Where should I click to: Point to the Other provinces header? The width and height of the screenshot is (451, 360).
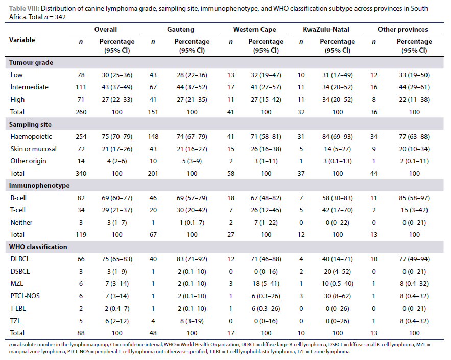(403, 30)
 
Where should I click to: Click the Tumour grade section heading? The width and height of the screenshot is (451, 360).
(31, 63)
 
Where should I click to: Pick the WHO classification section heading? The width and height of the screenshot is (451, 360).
(38, 247)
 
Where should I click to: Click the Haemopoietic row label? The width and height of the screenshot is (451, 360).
(31, 137)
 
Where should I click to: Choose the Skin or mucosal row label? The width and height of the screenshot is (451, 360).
(33, 149)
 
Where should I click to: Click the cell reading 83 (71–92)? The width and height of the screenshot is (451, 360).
(192, 259)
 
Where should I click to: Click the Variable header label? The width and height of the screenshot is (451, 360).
(22, 39)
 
